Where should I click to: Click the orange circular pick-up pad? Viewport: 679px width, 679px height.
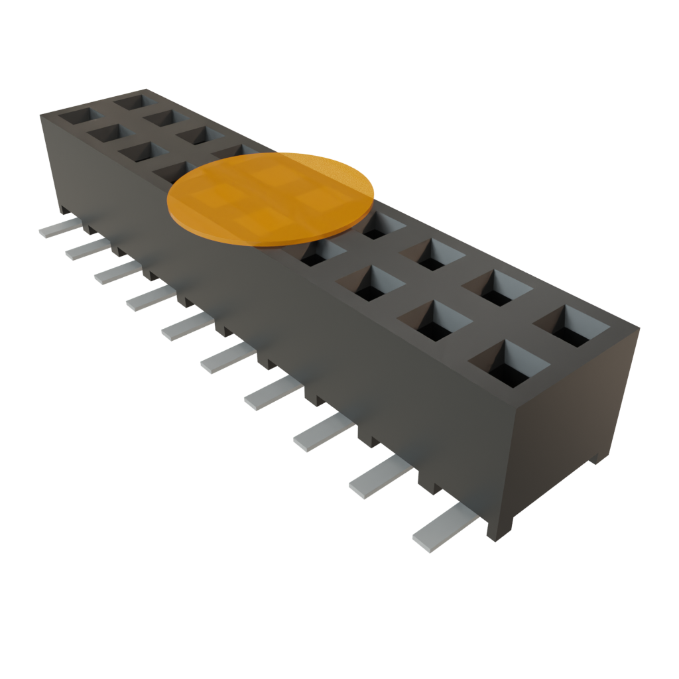(271, 198)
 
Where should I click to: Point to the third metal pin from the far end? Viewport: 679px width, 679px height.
(115, 271)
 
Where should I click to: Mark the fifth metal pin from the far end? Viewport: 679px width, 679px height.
(185, 326)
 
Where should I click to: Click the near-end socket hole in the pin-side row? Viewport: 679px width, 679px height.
(508, 363)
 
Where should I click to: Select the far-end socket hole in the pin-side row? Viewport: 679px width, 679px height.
(77, 117)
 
